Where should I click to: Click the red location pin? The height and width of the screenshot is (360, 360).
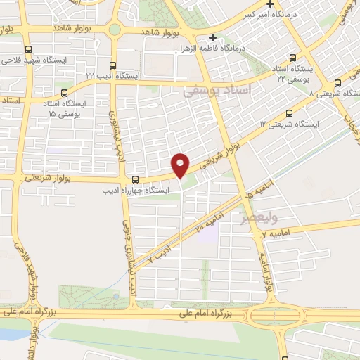pos(181,163)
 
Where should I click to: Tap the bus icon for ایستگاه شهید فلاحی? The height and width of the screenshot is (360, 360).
pos(28,49)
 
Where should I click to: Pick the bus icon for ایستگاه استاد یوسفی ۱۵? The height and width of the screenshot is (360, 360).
pos(64,92)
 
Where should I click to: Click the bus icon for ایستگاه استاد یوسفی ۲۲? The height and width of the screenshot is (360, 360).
pos(294,59)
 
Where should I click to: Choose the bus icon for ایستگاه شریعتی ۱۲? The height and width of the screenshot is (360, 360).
pos(288,114)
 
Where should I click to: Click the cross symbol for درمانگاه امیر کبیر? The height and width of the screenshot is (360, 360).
pos(270,4)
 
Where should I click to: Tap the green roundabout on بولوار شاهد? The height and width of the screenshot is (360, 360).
pos(114,30)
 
